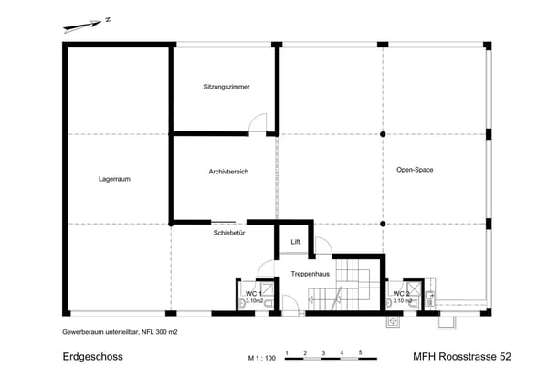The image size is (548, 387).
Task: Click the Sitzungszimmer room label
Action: tap(227, 87)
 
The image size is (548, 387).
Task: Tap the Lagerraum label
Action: tap(114, 179)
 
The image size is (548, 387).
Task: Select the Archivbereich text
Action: tap(228, 172)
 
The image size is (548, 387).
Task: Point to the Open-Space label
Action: tap(415, 170)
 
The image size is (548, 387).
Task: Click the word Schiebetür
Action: tap(229, 233)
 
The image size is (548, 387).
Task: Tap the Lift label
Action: tap(295, 242)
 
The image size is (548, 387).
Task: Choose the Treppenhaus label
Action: tap(311, 274)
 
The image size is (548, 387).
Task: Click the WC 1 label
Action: tap(253, 294)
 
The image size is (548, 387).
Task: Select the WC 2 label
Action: tap(401, 294)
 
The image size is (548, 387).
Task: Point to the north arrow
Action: tap(82, 26)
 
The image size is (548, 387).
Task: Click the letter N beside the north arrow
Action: tap(108, 20)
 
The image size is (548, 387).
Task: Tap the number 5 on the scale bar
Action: tap(361, 353)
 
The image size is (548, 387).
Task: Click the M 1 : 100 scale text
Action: tap(262, 358)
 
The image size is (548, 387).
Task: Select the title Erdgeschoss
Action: tap(92, 357)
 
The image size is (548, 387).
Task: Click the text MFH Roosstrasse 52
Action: tap(462, 357)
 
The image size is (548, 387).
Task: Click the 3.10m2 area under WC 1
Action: tap(255, 300)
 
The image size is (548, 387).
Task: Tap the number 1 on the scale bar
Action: tap(287, 353)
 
